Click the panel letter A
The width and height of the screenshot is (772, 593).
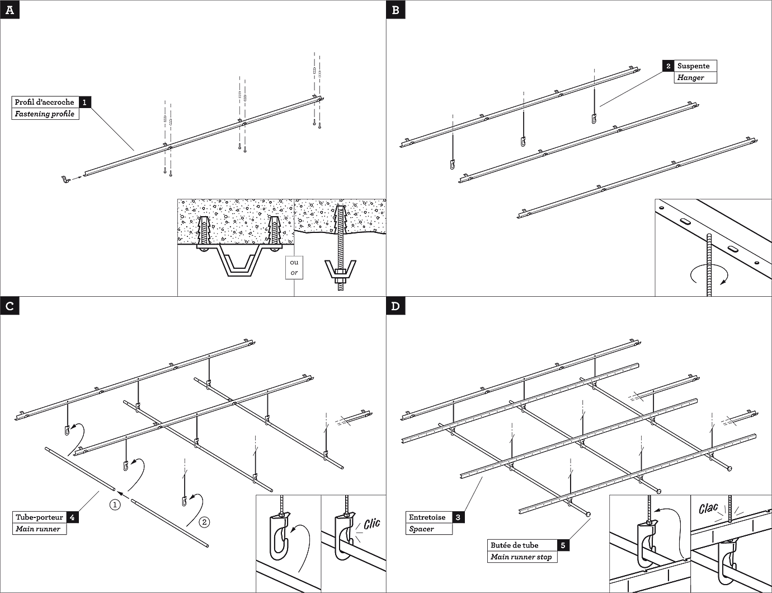(x=10, y=10)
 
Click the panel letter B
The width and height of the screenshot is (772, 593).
(x=396, y=10)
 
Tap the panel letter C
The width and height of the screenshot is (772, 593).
(x=10, y=306)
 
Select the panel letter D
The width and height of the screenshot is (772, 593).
(x=396, y=306)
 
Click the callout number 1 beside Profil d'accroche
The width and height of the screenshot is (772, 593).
(x=84, y=102)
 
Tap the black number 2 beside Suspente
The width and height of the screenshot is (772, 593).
(x=669, y=66)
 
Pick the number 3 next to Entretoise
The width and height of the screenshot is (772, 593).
(x=458, y=517)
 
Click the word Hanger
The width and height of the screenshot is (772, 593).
(x=690, y=78)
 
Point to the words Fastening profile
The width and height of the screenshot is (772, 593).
(x=44, y=114)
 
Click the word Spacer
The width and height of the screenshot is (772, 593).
(x=421, y=529)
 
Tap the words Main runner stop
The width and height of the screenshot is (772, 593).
(x=521, y=557)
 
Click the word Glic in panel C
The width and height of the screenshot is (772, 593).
(x=371, y=524)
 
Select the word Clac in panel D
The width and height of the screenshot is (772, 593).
(x=708, y=509)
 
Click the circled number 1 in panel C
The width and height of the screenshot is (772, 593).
(x=115, y=505)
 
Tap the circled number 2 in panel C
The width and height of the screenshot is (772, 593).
(x=205, y=522)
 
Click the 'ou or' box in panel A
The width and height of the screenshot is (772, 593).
(x=294, y=267)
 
